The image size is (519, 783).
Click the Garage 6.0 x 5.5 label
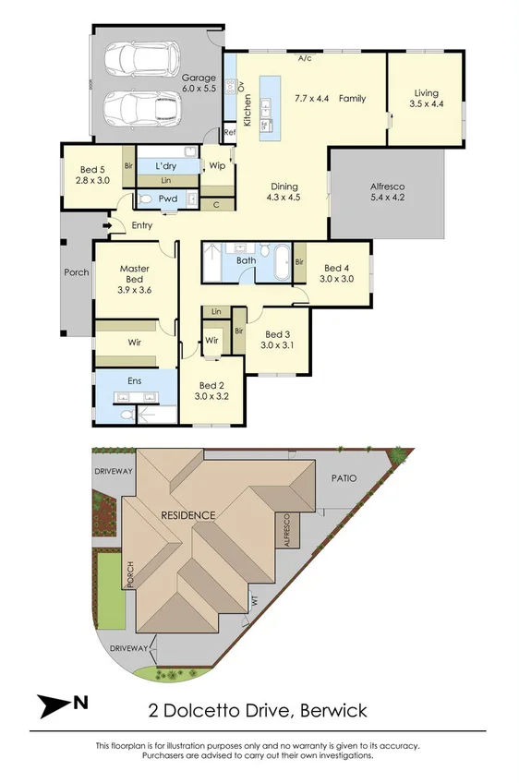[x=199, y=83]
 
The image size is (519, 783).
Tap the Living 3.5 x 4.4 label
[x=426, y=98]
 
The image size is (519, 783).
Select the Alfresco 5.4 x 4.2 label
[x=388, y=192]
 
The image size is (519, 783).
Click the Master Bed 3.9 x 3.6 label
[x=134, y=279]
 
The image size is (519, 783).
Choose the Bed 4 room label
[x=336, y=272]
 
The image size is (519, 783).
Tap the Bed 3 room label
[x=278, y=340]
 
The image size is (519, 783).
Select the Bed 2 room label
[x=211, y=391]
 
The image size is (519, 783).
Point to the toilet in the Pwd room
[x=146, y=198]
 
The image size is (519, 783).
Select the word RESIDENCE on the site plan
[x=188, y=514]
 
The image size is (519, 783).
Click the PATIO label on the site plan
[x=344, y=478]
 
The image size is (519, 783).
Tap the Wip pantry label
[x=217, y=167]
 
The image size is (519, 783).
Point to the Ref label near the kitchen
[x=230, y=132]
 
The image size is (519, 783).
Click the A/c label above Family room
[x=306, y=58]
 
